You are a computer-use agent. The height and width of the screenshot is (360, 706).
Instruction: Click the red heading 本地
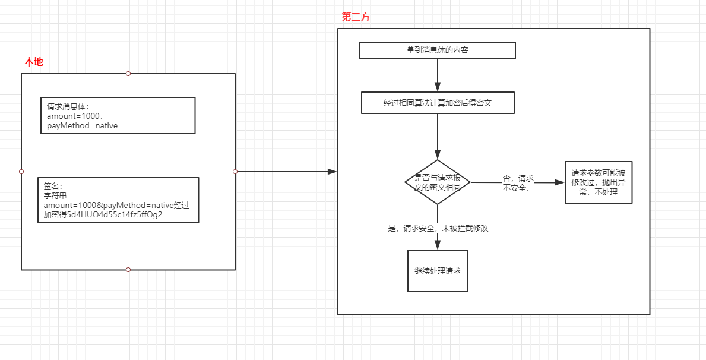(33, 62)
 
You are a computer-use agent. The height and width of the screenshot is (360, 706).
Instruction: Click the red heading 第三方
(355, 17)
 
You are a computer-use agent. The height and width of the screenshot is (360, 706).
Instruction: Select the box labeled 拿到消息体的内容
(437, 50)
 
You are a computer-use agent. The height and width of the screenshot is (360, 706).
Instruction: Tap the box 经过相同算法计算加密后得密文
(437, 103)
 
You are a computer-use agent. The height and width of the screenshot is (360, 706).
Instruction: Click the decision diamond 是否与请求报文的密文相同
(437, 182)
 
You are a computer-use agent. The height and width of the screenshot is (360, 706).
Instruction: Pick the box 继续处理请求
(437, 271)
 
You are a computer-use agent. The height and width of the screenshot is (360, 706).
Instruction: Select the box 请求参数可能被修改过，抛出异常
(598, 182)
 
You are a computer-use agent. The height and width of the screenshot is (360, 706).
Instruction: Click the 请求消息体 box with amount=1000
(118, 116)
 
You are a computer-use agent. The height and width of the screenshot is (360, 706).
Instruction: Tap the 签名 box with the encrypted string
(118, 200)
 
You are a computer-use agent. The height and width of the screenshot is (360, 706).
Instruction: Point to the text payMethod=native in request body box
(82, 126)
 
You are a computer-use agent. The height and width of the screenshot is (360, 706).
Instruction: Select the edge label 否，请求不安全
(518, 183)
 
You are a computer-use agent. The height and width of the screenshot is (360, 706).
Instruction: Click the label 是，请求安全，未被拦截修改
(438, 228)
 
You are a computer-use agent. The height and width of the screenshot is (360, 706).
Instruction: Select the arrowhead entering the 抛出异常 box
(559, 182)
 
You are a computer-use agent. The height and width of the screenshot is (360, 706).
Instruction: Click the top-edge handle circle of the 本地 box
(128, 74)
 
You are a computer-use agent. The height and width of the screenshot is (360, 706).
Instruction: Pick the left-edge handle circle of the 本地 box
(21, 172)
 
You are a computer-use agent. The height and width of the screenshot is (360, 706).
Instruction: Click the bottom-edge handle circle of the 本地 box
(128, 270)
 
